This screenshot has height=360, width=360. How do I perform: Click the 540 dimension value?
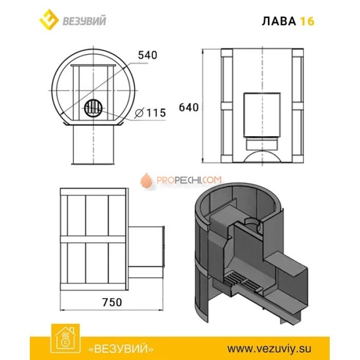[x=147, y=55]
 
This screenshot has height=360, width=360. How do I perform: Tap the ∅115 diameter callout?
[x=150, y=113]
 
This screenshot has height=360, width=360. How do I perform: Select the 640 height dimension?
[x=189, y=107]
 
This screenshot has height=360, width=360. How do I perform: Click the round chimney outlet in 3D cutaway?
[x=253, y=222]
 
